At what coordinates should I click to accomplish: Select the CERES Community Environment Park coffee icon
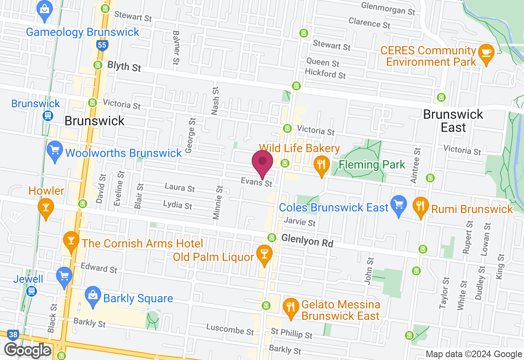click(x=486, y=53)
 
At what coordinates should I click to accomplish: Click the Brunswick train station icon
click(x=48, y=116)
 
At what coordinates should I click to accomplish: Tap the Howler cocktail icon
click(x=45, y=207)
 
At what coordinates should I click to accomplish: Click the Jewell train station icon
click(x=31, y=291)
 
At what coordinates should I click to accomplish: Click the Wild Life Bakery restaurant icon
click(x=321, y=165)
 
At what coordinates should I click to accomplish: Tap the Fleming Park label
click(x=372, y=165)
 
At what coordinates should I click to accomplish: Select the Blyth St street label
click(x=124, y=66)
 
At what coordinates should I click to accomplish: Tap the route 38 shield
click(x=13, y=335)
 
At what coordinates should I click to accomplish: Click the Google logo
click(x=28, y=350)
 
